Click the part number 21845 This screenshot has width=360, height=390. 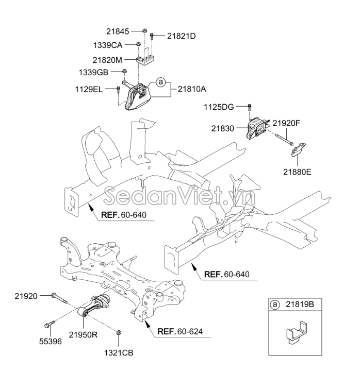point(125,31)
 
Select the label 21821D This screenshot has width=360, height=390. point(182,36)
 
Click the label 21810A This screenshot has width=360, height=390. point(192,89)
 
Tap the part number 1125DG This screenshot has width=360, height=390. point(219,107)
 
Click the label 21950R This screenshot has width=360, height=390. point(83,334)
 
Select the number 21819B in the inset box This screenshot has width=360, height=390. point(300,305)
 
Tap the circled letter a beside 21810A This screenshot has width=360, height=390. point(160,82)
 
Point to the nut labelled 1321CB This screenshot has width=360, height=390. point(119,333)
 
